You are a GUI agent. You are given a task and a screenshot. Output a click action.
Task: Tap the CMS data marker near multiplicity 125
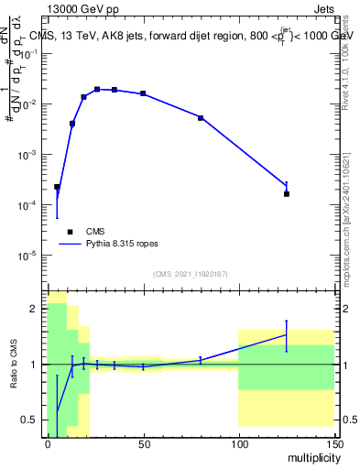pyautogui.click(x=287, y=193)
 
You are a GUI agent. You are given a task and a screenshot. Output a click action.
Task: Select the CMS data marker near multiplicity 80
pyautogui.click(x=201, y=118)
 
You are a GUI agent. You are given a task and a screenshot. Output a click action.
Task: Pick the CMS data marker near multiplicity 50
pyautogui.click(x=143, y=93)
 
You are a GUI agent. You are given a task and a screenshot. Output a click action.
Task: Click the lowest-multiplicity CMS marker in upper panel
pyautogui.click(x=57, y=187)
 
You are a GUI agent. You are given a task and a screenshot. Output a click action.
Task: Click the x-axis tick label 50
pyautogui.click(x=143, y=443)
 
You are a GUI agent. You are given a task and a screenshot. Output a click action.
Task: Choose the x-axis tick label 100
pyautogui.click(x=238, y=443)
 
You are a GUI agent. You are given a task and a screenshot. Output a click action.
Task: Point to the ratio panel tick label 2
pyautogui.click(x=35, y=309)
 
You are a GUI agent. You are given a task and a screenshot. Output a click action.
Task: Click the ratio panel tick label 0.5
pyautogui.click(x=31, y=420)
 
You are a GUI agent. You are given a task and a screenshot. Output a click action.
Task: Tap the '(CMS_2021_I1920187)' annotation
pyautogui.click(x=191, y=273)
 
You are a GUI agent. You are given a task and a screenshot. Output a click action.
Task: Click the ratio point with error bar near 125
pyautogui.click(x=287, y=335)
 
